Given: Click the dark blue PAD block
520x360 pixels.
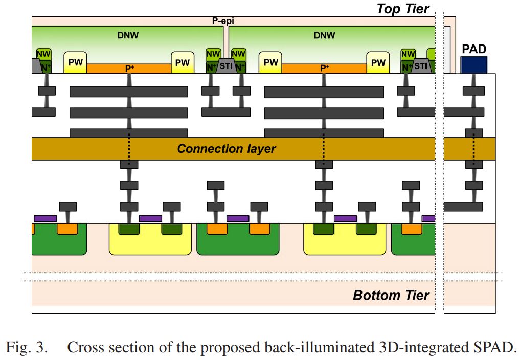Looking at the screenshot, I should (x=474, y=65).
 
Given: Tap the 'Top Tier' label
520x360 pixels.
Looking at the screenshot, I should (x=403, y=9).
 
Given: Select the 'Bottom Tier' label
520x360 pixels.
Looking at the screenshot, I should (x=391, y=295).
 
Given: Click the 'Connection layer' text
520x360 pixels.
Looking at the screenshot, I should (x=226, y=149).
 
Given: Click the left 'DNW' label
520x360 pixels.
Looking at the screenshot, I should (x=128, y=35).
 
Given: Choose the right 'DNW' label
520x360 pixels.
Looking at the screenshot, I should (x=324, y=35).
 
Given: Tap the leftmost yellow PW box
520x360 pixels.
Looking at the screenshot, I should (x=75, y=62).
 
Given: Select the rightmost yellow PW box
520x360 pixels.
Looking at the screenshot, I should (x=378, y=62).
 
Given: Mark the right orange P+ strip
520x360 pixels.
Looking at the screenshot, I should (x=324, y=68).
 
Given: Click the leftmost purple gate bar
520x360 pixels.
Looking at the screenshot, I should (x=45, y=218).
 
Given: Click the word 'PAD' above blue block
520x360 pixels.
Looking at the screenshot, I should (x=473, y=50).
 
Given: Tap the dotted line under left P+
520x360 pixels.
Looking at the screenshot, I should (x=129, y=149).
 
